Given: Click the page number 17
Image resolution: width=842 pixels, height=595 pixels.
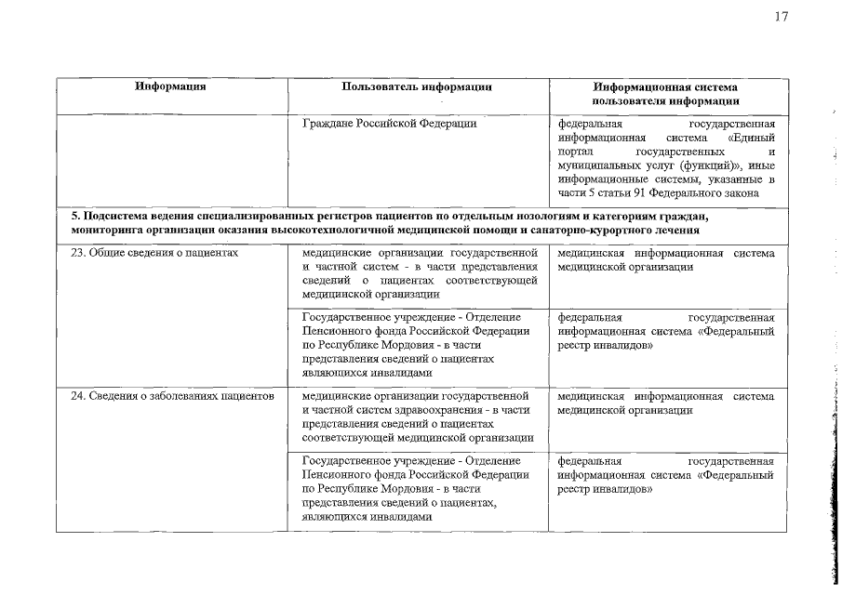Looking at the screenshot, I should tap(780, 16).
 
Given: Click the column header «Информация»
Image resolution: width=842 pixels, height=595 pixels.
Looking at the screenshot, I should tap(169, 86).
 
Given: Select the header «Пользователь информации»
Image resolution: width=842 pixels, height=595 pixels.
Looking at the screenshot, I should tap(416, 86).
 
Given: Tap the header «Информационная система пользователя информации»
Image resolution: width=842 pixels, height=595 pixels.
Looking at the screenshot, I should tap(666, 93).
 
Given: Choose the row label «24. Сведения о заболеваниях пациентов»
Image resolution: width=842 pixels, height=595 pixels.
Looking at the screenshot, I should tap(172, 397).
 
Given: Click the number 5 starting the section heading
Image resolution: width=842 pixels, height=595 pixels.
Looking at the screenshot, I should tap(75, 217).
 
